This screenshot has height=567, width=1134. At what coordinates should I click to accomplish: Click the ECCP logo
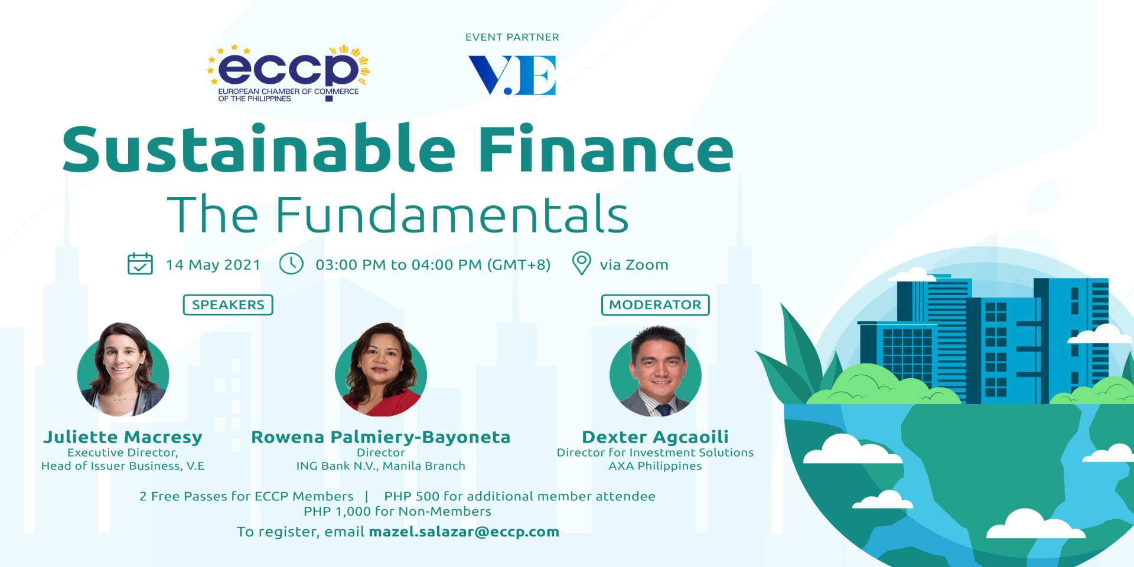[x=288, y=73]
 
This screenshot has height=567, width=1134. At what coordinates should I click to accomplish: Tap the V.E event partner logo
[x=512, y=75]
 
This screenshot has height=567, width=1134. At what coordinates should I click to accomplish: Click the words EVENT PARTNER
[x=512, y=37]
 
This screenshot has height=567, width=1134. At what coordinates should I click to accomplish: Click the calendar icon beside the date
[x=140, y=264]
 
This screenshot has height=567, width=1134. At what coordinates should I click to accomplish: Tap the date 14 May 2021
[x=213, y=265]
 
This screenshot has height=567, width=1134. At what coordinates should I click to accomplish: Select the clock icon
[x=291, y=264]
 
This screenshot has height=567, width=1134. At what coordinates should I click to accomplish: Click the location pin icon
[x=582, y=263]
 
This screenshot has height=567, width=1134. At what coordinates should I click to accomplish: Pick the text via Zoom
[x=634, y=265]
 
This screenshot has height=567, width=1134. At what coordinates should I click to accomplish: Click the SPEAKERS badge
[x=228, y=305]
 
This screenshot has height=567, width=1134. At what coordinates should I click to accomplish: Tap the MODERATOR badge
[x=655, y=305]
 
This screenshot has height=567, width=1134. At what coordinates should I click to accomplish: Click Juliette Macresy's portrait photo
[x=123, y=370]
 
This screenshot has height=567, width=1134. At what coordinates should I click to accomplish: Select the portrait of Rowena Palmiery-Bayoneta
[x=381, y=370]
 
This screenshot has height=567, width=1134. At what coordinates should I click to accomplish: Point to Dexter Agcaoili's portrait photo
[x=656, y=371]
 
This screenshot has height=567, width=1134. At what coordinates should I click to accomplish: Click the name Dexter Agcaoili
[x=655, y=437]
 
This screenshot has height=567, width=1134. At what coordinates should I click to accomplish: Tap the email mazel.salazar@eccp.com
[x=464, y=532]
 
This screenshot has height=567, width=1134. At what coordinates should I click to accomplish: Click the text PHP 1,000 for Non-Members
[x=397, y=512]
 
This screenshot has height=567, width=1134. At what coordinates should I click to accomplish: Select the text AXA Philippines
[x=655, y=466]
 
